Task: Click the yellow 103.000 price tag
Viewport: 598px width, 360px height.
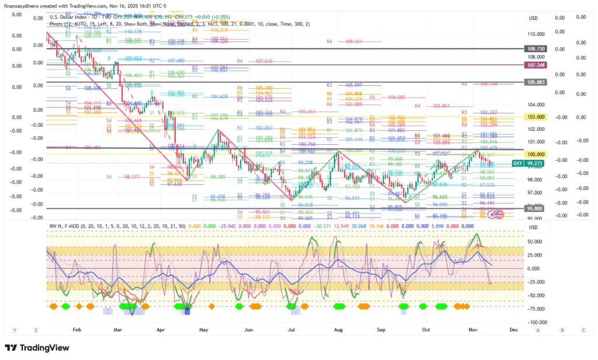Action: [536, 117]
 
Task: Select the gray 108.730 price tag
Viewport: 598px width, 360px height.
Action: [536, 49]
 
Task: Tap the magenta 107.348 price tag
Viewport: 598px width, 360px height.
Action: [536, 65]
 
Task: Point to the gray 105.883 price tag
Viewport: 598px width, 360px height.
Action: [536, 82]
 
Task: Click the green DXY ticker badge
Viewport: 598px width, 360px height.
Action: [517, 163]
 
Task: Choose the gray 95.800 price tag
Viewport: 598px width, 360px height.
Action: [536, 208]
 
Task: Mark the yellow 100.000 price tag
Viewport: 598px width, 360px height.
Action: [536, 153]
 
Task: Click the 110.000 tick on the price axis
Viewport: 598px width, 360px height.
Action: [536, 34]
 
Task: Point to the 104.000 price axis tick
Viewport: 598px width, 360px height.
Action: [536, 105]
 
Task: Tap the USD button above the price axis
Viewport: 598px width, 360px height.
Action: [533, 18]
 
